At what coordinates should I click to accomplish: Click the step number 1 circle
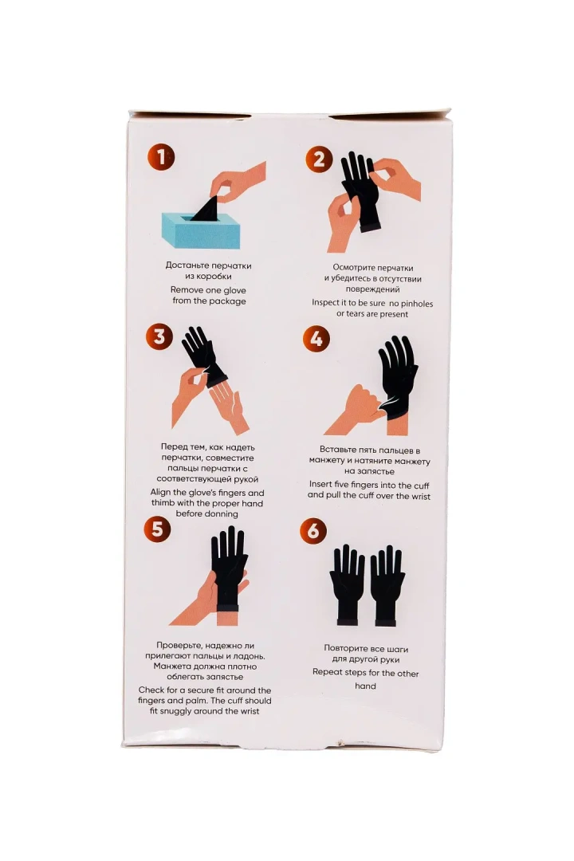[161, 158]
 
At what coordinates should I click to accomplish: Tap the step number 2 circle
[319, 159]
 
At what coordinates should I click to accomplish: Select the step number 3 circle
[159, 336]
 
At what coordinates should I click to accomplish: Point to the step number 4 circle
[316, 339]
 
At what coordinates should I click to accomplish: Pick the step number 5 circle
[157, 529]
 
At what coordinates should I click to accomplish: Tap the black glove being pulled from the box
[206, 209]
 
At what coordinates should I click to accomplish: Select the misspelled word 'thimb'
[163, 503]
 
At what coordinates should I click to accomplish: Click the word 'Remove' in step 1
[187, 290]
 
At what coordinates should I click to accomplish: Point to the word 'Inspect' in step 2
[328, 303]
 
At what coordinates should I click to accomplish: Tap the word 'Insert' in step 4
[320, 485]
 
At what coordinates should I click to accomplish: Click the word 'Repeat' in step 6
[328, 673]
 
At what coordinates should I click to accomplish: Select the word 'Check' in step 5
[151, 690]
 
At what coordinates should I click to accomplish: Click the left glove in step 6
[347, 585]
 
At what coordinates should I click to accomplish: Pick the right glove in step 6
[387, 585]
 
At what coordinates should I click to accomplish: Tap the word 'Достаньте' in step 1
[187, 265]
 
